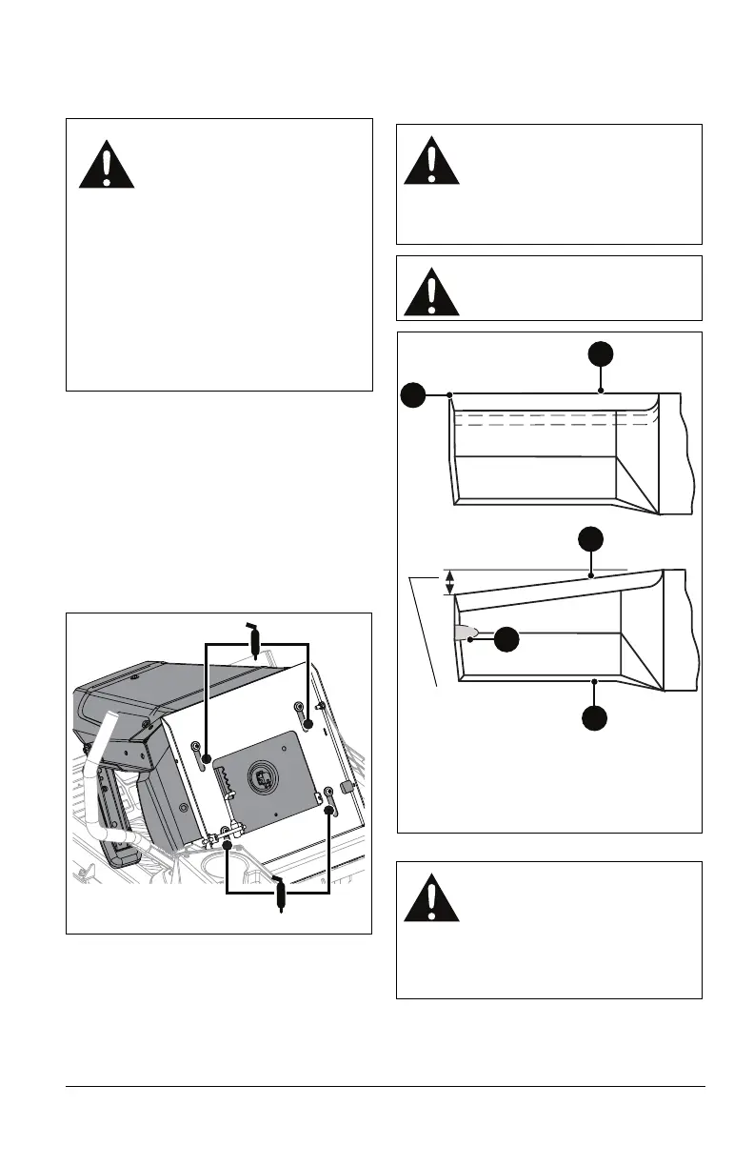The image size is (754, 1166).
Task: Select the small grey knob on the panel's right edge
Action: click(x=346, y=786)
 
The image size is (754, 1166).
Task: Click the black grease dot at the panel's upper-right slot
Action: click(x=308, y=724)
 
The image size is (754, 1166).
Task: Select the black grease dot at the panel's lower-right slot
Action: click(x=329, y=810)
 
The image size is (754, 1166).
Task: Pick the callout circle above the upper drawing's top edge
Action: click(x=601, y=355)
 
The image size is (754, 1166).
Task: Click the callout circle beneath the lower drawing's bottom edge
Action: click(x=594, y=716)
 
